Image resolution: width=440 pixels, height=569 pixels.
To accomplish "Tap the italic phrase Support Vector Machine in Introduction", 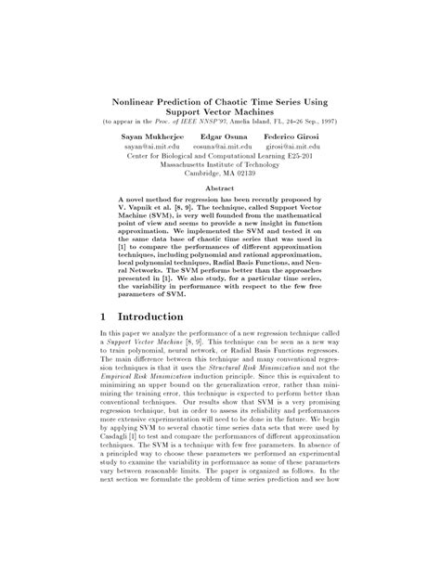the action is click(x=137, y=348).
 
